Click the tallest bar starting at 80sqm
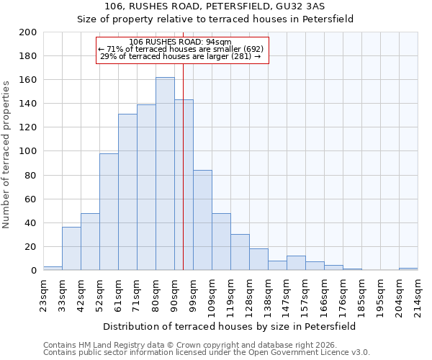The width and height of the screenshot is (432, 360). coord(165,174)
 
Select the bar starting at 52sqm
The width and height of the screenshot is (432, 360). coord(109,212)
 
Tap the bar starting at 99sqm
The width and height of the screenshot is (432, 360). coord(202,220)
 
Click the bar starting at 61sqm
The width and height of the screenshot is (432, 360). coord(127,192)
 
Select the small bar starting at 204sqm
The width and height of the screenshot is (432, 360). coord(408,269)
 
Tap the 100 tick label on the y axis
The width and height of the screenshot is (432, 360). coord(28,151)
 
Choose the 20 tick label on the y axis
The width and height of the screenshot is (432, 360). coord(30,247)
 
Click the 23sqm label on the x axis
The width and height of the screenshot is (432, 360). coord(43,294)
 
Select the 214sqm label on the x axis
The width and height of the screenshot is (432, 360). coord(418,294)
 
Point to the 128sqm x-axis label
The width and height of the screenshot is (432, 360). coord(249,294)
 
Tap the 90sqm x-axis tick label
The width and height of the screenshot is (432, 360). coord(174,294)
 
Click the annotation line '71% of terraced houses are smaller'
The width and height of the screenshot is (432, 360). coord(181,49)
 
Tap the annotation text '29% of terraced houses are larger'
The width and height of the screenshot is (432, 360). coord(180,56)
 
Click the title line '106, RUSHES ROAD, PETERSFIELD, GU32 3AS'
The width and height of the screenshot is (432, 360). coord(215,6)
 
